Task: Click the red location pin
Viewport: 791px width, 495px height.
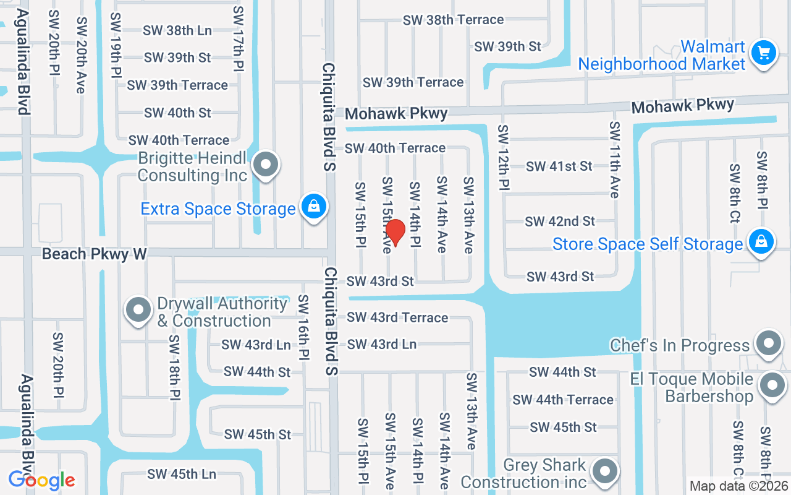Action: pyautogui.click(x=395, y=232)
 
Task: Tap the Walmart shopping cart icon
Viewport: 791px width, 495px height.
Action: pyautogui.click(x=764, y=53)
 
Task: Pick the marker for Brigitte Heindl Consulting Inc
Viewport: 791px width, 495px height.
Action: pyautogui.click(x=266, y=165)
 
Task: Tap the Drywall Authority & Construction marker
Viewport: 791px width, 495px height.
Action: pyautogui.click(x=138, y=309)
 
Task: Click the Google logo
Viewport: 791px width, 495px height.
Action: pyautogui.click(x=41, y=480)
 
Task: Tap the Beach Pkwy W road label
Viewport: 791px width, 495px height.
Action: pyautogui.click(x=95, y=254)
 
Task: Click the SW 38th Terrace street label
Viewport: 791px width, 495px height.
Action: pyautogui.click(x=453, y=20)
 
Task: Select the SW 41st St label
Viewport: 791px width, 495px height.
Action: pyautogui.click(x=559, y=166)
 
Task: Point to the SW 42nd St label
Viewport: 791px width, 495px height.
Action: pyautogui.click(x=560, y=221)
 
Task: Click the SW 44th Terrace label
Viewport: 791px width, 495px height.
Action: pyautogui.click(x=563, y=400)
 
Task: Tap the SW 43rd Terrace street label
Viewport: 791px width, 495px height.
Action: pyautogui.click(x=397, y=317)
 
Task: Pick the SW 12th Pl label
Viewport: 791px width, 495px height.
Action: pyautogui.click(x=504, y=157)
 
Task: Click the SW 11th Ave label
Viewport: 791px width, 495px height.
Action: pyautogui.click(x=614, y=160)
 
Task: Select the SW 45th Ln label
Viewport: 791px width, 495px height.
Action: pyautogui.click(x=182, y=475)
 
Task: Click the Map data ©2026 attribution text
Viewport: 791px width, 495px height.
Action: pyautogui.click(x=738, y=486)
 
